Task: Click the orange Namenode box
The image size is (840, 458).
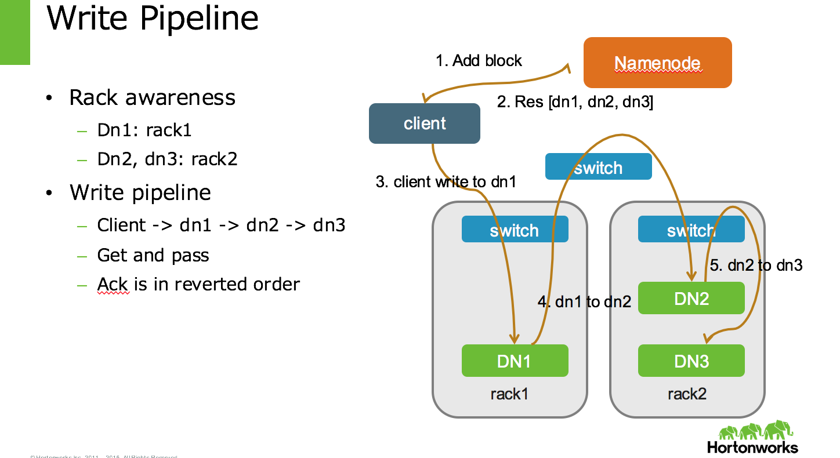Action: pyautogui.click(x=657, y=63)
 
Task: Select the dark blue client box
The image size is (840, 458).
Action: pyautogui.click(x=424, y=123)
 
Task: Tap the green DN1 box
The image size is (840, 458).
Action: pyautogui.click(x=515, y=361)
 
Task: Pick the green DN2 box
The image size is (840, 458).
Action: pyautogui.click(x=691, y=298)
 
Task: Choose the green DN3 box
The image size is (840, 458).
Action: pyautogui.click(x=691, y=361)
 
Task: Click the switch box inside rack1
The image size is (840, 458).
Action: pyautogui.click(x=515, y=230)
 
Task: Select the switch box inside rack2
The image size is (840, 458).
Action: pyautogui.click(x=691, y=230)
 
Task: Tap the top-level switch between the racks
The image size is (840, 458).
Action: pyautogui.click(x=598, y=168)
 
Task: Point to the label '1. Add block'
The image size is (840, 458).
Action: pyautogui.click(x=479, y=61)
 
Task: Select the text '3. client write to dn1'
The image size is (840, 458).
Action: pyautogui.click(x=446, y=182)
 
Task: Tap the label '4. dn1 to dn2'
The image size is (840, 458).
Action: pyautogui.click(x=584, y=301)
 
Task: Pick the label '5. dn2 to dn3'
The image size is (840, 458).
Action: pyautogui.click(x=756, y=266)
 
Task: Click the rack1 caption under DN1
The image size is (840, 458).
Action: pyautogui.click(x=509, y=394)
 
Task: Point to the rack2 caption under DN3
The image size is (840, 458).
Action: pyautogui.click(x=687, y=394)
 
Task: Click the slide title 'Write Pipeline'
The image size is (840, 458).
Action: pyautogui.click(x=153, y=17)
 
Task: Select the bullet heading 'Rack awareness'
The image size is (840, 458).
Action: pyautogui.click(x=152, y=97)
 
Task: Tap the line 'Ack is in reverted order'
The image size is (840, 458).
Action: pyautogui.click(x=198, y=284)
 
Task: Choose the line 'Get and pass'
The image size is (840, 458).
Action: pyautogui.click(x=153, y=255)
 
